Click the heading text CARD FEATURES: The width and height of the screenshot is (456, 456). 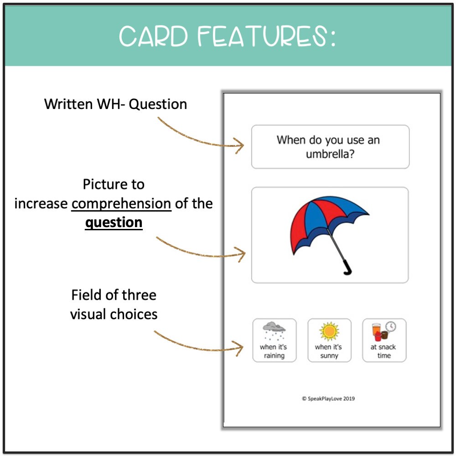click(x=227, y=36)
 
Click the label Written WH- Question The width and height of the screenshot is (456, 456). click(x=115, y=104)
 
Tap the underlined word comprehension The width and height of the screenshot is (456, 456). click(x=121, y=203)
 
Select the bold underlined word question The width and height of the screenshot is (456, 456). click(x=114, y=223)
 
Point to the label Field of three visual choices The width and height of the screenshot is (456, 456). click(x=114, y=305)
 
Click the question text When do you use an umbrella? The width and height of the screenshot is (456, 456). click(x=328, y=146)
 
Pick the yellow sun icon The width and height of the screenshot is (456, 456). click(x=329, y=331)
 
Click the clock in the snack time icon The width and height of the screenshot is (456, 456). click(x=391, y=326)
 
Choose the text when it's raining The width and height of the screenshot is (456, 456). click(x=274, y=351)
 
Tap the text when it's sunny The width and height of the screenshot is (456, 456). click(x=329, y=351)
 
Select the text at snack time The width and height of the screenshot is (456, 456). click(x=383, y=351)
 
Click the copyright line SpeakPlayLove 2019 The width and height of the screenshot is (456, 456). click(x=328, y=399)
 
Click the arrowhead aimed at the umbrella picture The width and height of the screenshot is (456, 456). click(x=241, y=254)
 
